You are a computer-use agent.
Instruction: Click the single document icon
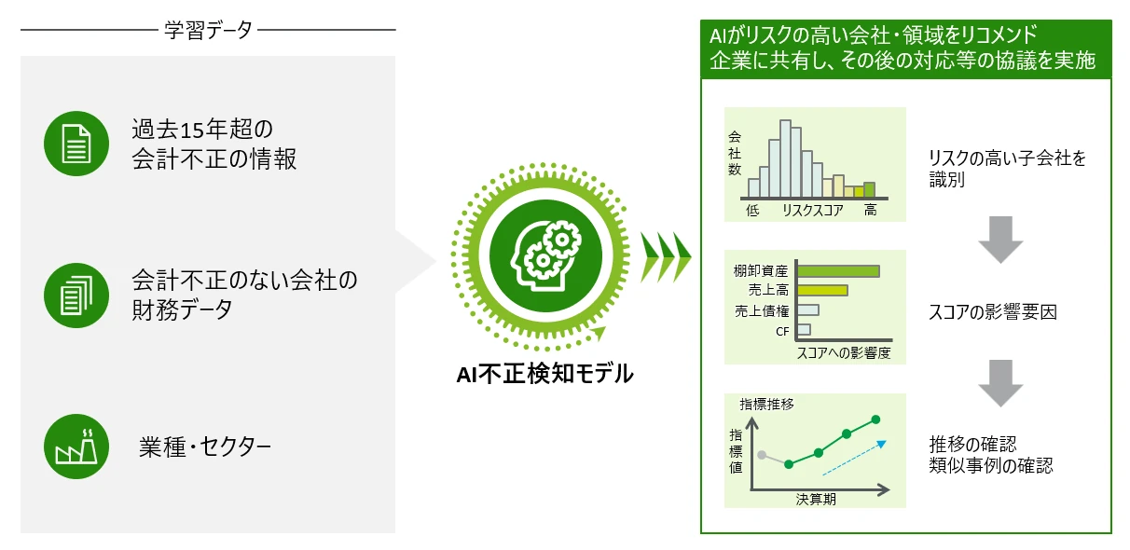click(76, 144)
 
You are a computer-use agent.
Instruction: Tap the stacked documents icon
click(76, 296)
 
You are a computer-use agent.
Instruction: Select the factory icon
click(76, 447)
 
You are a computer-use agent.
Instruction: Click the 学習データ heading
click(208, 30)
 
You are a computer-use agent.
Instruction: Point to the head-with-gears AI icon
click(545, 255)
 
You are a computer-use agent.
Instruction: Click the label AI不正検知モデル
click(544, 374)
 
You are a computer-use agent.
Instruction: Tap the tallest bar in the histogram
click(785, 158)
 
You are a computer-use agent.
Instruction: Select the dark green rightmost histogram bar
click(869, 190)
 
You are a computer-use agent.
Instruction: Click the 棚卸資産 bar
click(838, 271)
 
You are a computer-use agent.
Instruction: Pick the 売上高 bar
click(822, 290)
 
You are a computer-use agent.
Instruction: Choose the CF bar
click(804, 329)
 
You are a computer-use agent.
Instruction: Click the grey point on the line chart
click(762, 455)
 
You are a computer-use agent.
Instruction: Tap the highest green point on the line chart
click(875, 419)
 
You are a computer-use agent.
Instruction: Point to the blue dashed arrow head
click(882, 444)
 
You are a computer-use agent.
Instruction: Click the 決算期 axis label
click(816, 499)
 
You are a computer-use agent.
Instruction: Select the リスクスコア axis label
click(813, 210)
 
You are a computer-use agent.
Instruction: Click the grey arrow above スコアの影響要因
click(1000, 240)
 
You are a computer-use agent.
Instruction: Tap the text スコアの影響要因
click(993, 312)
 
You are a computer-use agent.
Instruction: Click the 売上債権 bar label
click(762, 311)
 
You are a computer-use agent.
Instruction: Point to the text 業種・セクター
click(205, 447)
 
